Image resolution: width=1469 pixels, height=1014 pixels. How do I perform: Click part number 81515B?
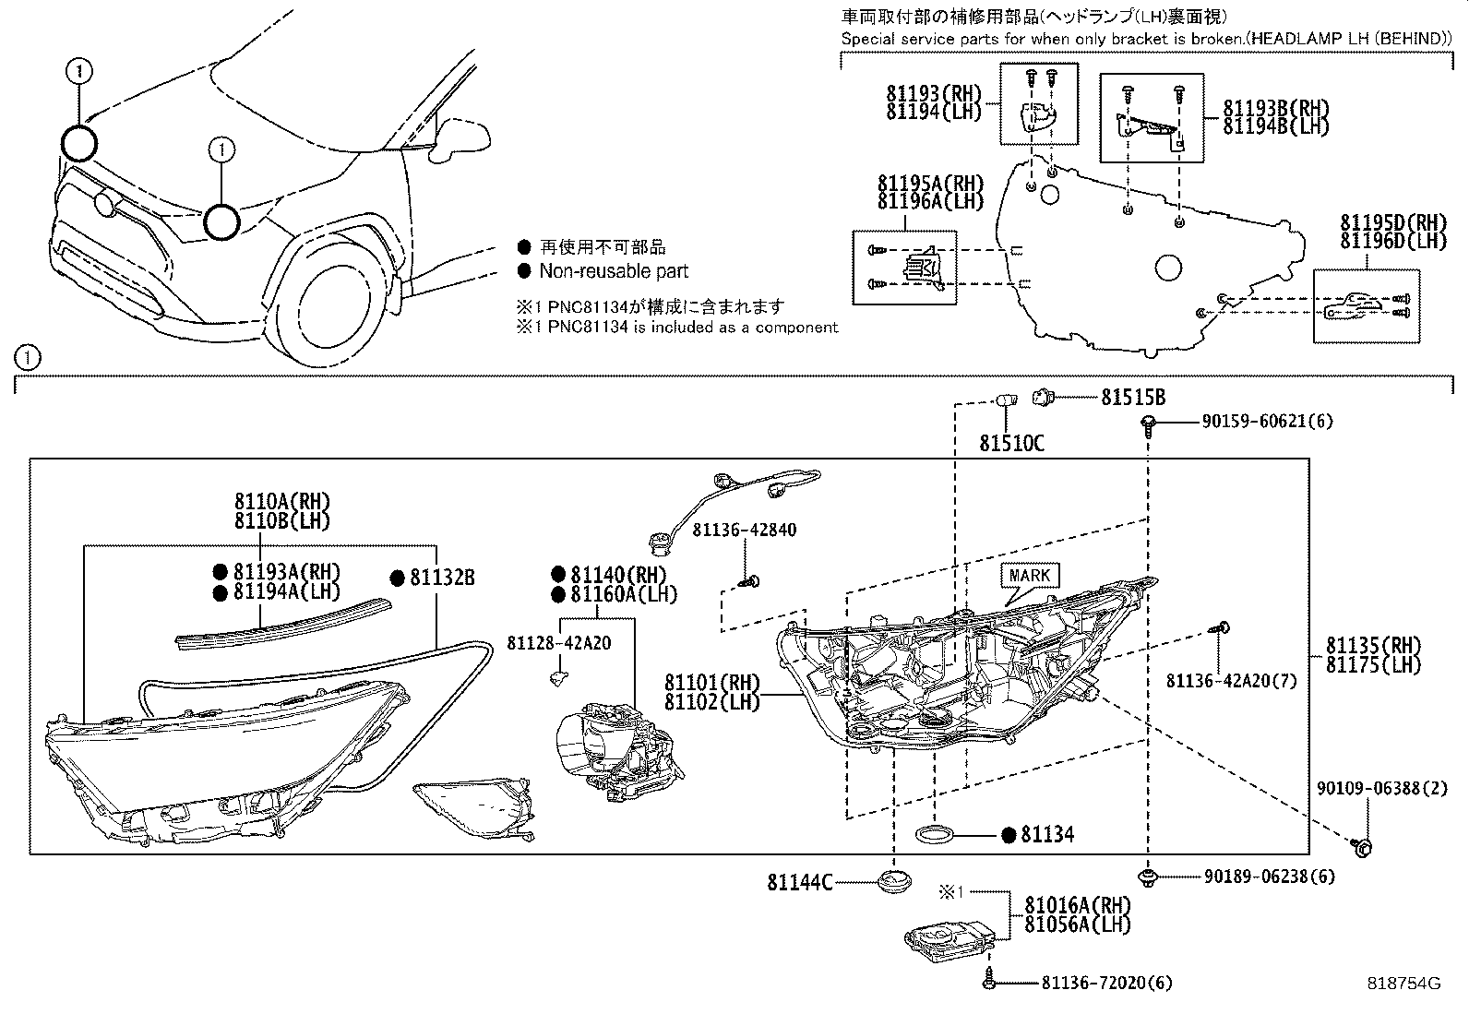(1132, 398)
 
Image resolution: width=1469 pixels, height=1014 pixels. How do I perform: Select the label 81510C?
(1011, 444)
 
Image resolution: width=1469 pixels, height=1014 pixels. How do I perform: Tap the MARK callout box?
(1030, 576)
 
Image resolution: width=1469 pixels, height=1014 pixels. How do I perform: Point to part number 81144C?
(799, 883)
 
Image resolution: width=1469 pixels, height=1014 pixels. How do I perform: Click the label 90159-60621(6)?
(1267, 422)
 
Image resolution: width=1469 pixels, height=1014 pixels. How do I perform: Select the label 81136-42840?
(745, 531)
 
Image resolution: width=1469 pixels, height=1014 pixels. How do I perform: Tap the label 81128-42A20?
(558, 642)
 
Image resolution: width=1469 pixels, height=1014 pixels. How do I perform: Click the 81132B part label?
(442, 578)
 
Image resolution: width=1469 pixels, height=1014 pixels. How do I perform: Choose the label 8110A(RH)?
(281, 502)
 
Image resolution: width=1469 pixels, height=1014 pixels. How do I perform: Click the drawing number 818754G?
(1403, 983)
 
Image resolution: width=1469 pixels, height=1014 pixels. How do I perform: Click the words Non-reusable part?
(614, 271)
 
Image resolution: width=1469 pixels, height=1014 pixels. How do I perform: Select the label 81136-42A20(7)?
(1231, 681)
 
